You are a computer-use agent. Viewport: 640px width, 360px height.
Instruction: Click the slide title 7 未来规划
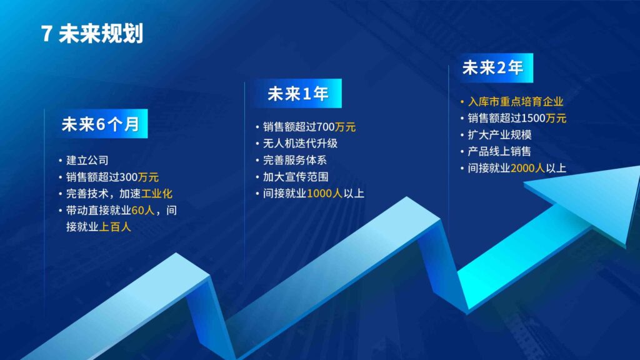(92, 34)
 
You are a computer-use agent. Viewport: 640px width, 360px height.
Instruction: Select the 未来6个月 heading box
(100, 124)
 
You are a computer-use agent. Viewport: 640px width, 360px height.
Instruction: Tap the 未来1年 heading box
(297, 94)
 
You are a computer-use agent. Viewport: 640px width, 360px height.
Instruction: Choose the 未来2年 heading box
(492, 67)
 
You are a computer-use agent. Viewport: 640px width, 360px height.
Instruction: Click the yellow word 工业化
(157, 194)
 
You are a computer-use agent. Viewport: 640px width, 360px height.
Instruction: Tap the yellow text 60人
(142, 211)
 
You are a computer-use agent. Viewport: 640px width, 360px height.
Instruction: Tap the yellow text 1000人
(324, 193)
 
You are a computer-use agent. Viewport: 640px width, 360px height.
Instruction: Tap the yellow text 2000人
(528, 167)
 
